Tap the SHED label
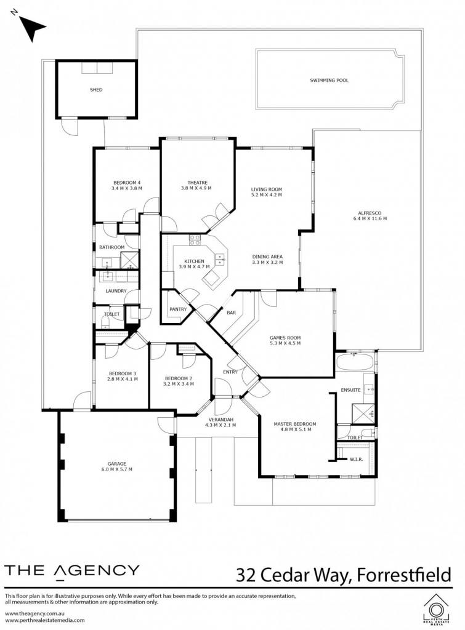[x=96, y=90]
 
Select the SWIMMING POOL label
[x=329, y=81]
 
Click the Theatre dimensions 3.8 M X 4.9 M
[x=196, y=188]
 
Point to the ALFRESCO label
[x=370, y=213]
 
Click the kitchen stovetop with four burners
[x=195, y=240]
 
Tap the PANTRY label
[x=178, y=309]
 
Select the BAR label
[x=232, y=313]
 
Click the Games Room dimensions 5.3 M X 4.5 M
[x=285, y=343]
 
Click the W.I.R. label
[x=357, y=459]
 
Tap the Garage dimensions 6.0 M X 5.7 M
[x=116, y=469]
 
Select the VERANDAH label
[x=220, y=420]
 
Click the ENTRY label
[x=230, y=372]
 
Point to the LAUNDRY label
[x=116, y=291]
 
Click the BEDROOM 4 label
[x=127, y=183]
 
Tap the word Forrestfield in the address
[x=404, y=575]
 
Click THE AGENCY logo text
[x=72, y=572]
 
